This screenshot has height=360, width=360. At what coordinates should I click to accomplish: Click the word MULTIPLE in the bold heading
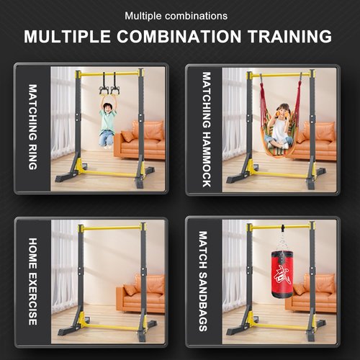tap(64, 37)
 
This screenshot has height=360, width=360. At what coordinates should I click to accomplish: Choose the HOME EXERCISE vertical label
tap(32, 282)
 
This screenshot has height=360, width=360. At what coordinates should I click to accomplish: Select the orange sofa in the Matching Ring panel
tap(141, 140)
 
